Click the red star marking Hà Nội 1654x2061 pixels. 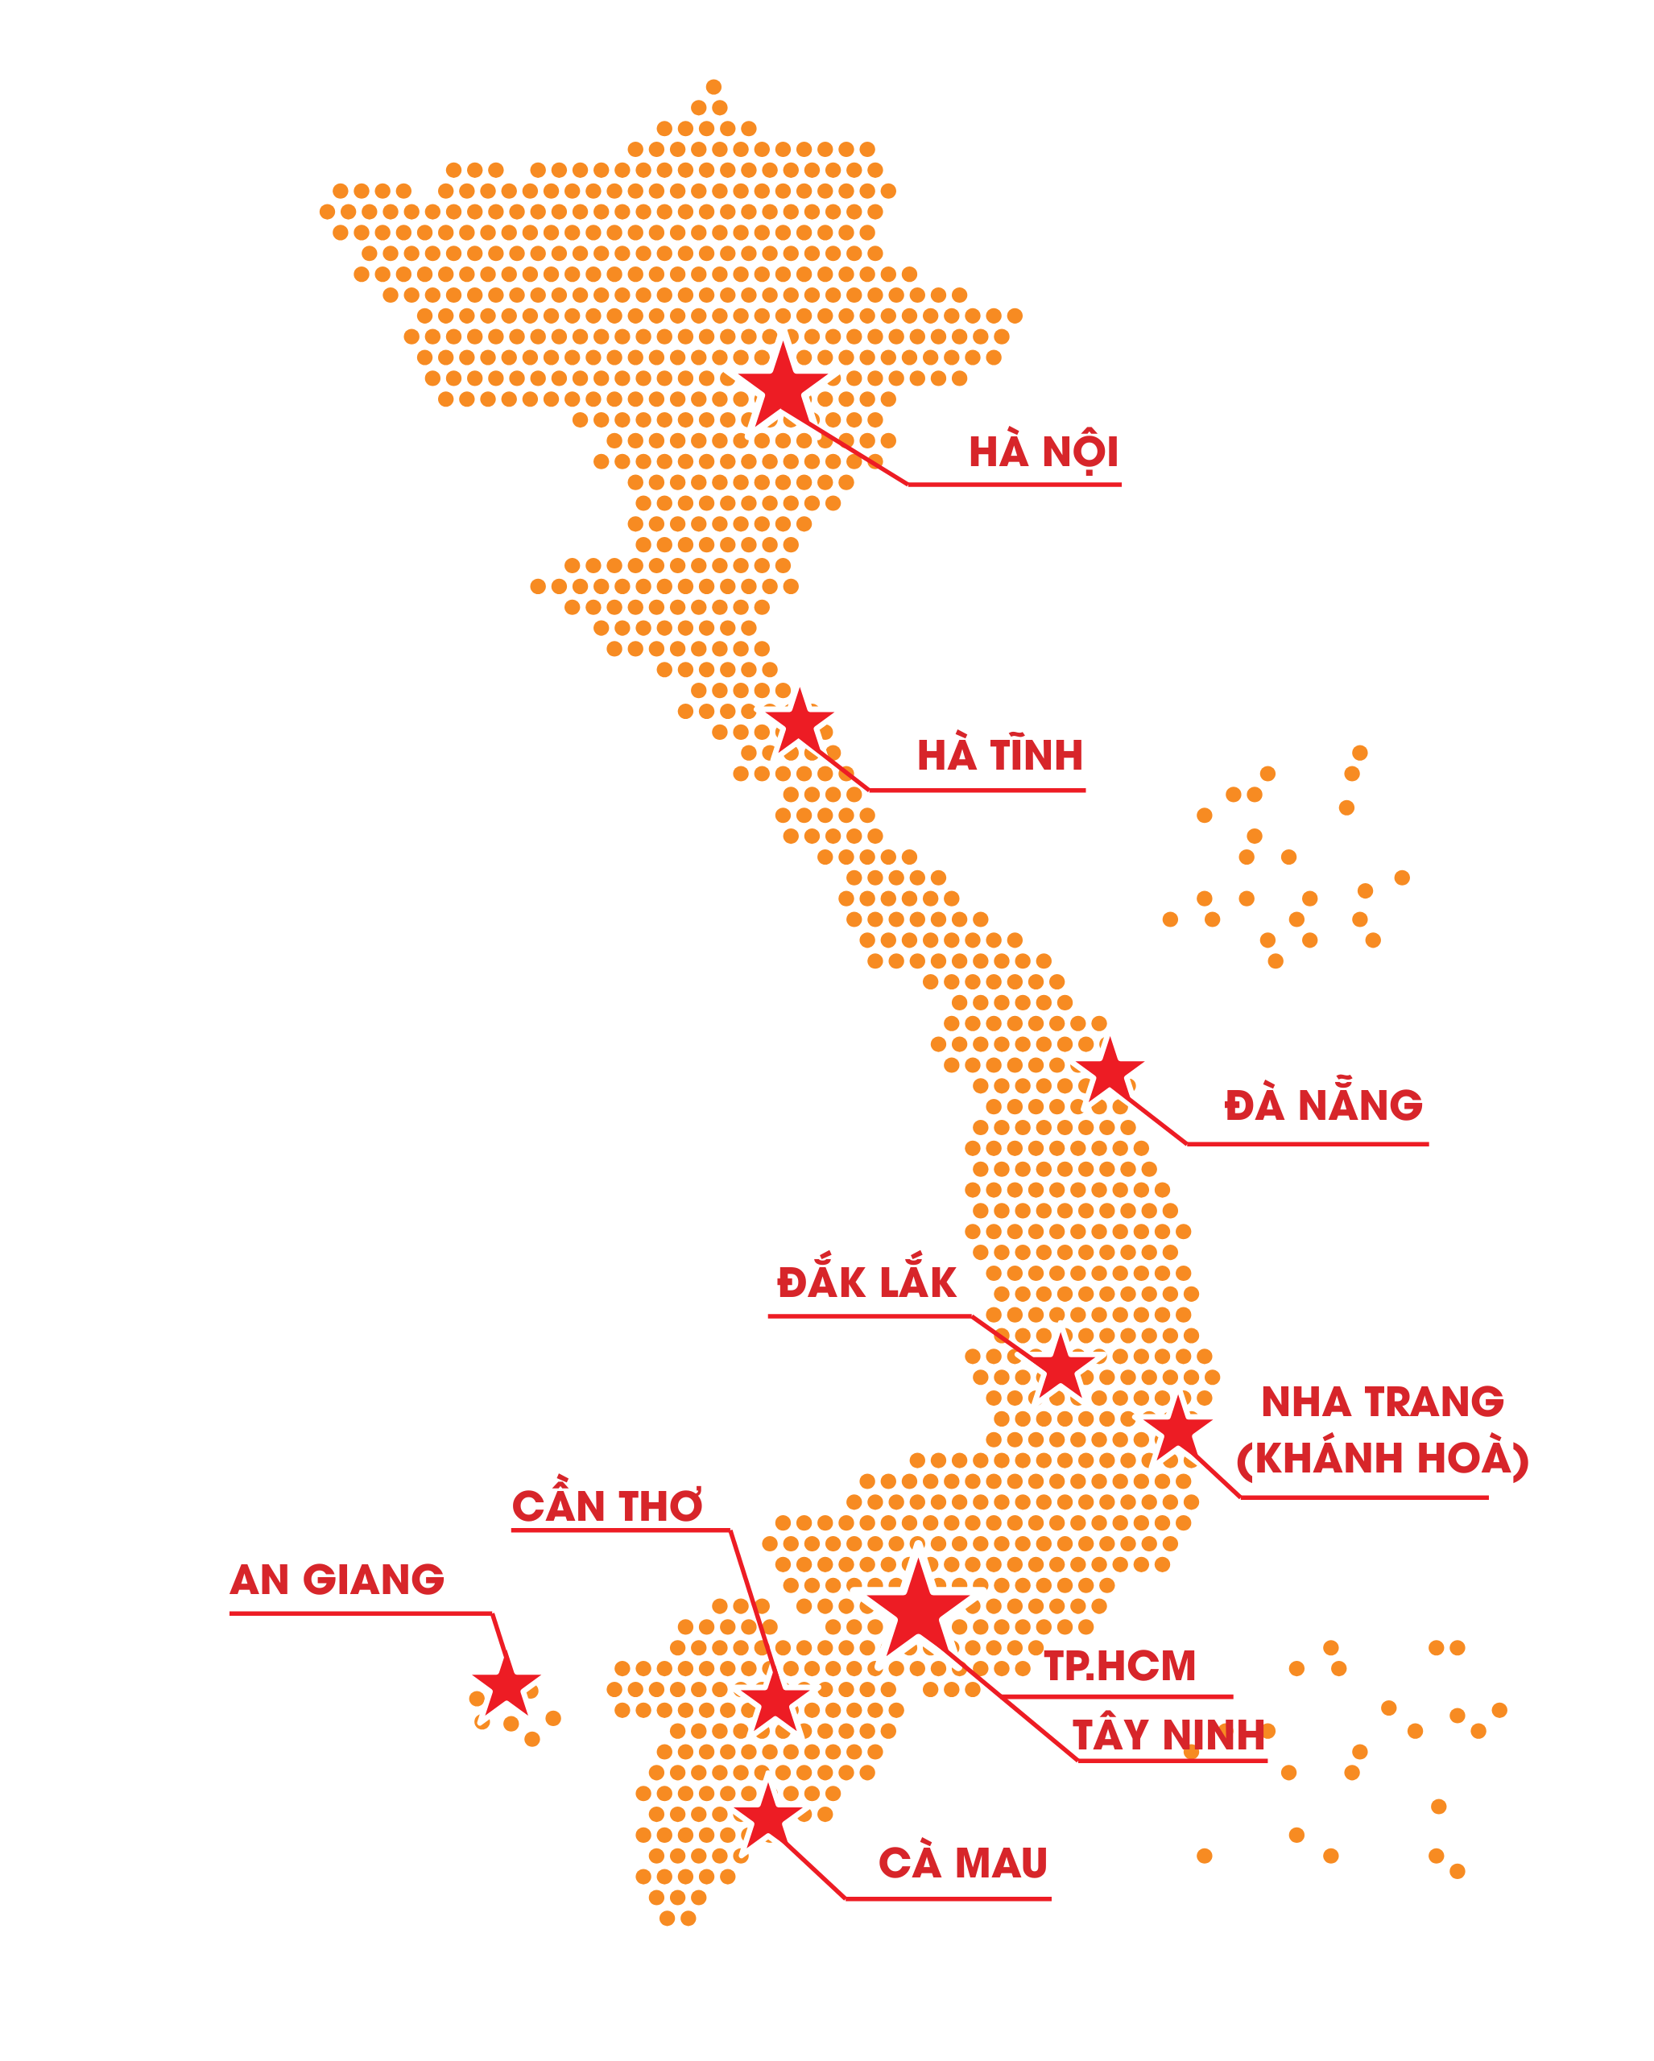(782, 387)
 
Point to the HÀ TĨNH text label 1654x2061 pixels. (1000, 756)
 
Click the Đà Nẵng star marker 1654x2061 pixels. (1109, 1072)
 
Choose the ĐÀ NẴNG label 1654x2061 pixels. (1323, 1106)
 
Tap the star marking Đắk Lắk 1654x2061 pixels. (1060, 1368)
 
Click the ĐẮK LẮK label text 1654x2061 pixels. (866, 1282)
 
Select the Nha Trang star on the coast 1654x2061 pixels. (1178, 1430)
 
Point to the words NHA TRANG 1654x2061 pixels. (1382, 1402)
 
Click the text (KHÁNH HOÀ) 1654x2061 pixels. (1382, 1459)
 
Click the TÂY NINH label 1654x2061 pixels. (1168, 1735)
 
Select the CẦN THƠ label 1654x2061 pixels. (607, 1506)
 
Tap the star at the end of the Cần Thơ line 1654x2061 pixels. (775, 1703)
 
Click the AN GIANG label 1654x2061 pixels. (337, 1580)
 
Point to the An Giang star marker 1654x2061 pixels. (506, 1687)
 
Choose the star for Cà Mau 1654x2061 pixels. (767, 1817)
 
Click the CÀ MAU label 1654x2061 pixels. (963, 1863)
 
